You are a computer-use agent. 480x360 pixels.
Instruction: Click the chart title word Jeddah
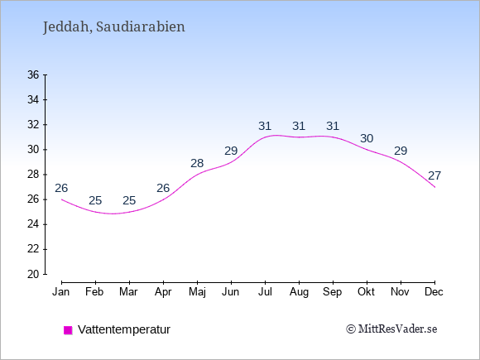tap(67, 27)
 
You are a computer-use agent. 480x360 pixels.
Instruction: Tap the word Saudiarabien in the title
tap(141, 26)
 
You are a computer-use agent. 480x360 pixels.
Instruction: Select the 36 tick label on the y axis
tap(33, 74)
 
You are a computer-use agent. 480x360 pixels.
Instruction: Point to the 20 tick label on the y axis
tap(33, 274)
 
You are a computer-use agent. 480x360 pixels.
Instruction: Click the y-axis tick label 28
tap(33, 175)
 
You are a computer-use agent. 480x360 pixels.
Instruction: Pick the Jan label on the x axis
tap(61, 292)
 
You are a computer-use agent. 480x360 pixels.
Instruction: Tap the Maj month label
tap(197, 292)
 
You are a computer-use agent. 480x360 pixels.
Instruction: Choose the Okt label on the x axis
tap(366, 292)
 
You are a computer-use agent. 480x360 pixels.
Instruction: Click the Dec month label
tap(434, 292)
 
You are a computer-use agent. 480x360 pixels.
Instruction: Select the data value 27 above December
tap(434, 175)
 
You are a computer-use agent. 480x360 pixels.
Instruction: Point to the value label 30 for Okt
tap(367, 138)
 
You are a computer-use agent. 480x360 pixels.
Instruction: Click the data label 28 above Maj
tap(197, 163)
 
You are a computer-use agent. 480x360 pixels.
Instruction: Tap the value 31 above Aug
tap(299, 126)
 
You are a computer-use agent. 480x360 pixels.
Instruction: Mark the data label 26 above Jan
tap(61, 188)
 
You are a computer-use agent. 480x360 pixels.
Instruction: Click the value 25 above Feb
tap(95, 200)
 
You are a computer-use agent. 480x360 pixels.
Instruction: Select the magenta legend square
tap(68, 330)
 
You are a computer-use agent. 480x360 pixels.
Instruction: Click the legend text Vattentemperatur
tap(124, 329)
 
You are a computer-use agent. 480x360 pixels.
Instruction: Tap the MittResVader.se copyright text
tap(391, 329)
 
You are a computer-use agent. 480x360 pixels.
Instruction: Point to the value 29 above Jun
tap(231, 151)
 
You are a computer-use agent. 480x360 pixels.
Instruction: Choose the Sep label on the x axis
tap(333, 292)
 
